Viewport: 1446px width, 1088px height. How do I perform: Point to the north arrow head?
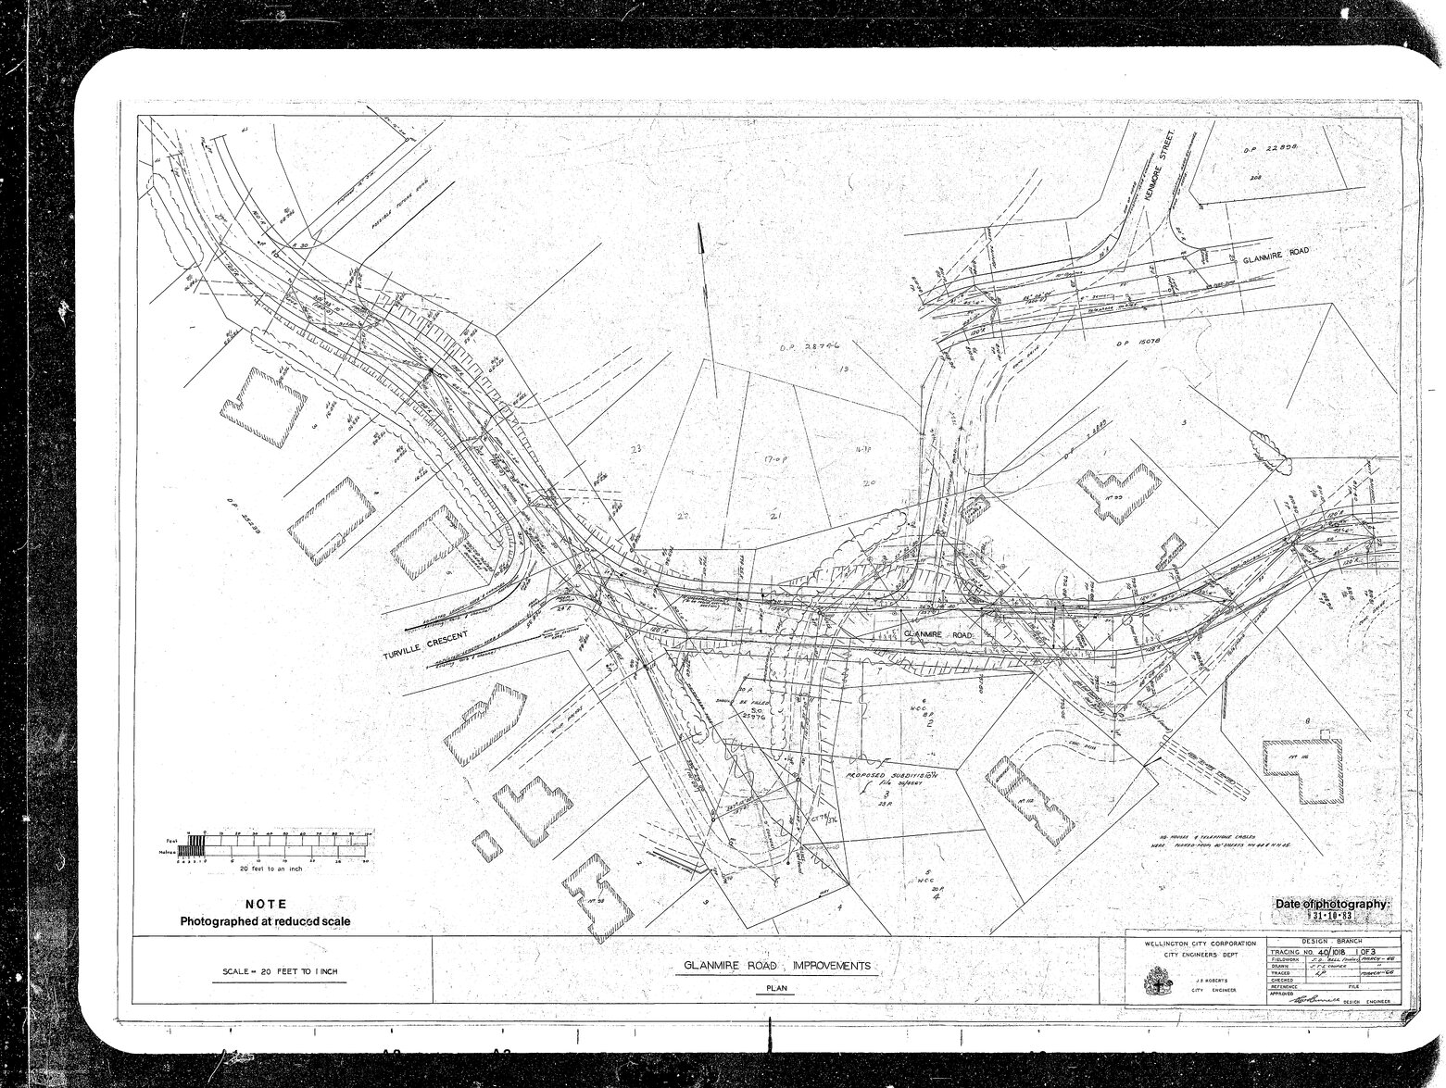click(x=701, y=240)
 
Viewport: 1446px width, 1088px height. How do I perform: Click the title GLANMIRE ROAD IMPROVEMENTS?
click(x=776, y=966)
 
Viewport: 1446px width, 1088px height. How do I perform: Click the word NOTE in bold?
click(x=265, y=904)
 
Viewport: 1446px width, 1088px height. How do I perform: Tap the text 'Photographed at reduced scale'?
click(x=265, y=921)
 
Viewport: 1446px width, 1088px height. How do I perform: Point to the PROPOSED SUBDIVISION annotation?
click(x=890, y=773)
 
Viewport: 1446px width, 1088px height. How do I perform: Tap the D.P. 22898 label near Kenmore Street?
click(x=1265, y=148)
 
